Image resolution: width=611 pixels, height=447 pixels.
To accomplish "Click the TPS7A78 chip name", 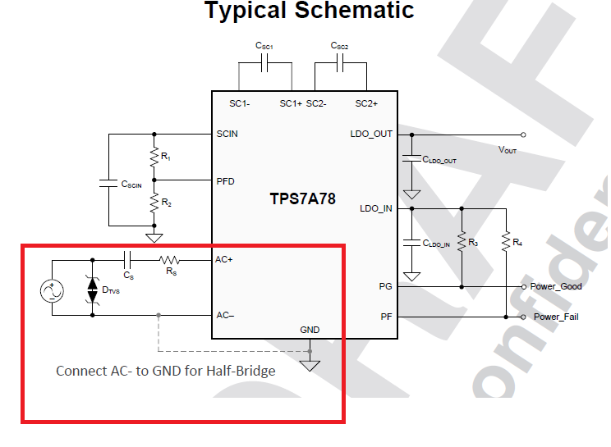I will (302, 198).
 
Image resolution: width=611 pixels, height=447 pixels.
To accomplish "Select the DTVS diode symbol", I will (92, 288).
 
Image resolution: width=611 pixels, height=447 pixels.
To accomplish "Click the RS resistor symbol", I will (170, 260).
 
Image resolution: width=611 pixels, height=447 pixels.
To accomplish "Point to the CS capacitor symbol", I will (127, 260).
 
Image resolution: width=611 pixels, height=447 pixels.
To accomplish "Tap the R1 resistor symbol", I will (154, 155).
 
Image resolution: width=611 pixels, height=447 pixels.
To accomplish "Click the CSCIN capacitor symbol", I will (108, 182).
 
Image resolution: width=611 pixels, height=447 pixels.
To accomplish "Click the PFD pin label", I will (225, 181).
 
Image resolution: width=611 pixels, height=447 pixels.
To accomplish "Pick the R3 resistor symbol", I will (462, 243).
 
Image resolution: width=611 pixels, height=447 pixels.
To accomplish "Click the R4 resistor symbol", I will (506, 243).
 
